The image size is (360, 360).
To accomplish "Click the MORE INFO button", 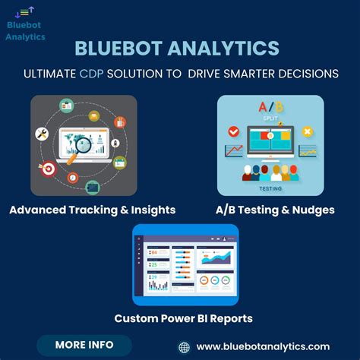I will (x=84, y=344).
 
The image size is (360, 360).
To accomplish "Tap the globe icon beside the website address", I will (x=184, y=347).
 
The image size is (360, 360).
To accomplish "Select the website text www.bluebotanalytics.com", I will (x=263, y=347).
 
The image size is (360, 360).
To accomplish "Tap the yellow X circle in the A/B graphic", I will (x=308, y=131).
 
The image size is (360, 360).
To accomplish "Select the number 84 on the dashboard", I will (x=153, y=252).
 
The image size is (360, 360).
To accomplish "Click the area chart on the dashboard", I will (x=220, y=258).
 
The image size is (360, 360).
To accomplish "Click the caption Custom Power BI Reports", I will (x=183, y=318).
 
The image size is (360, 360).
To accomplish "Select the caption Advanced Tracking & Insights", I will (x=93, y=210).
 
